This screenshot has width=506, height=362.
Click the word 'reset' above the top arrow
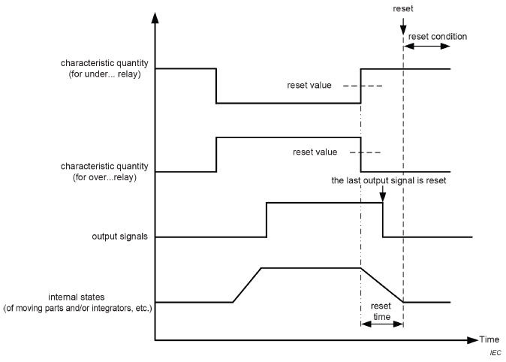click(403, 9)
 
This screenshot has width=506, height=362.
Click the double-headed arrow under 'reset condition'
click(427, 47)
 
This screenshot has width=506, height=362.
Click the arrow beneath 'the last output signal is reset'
click(383, 194)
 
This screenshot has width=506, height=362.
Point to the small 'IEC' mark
click(494, 352)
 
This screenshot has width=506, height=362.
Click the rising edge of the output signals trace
click(267, 219)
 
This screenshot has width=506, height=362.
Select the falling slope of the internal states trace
click(382, 285)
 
